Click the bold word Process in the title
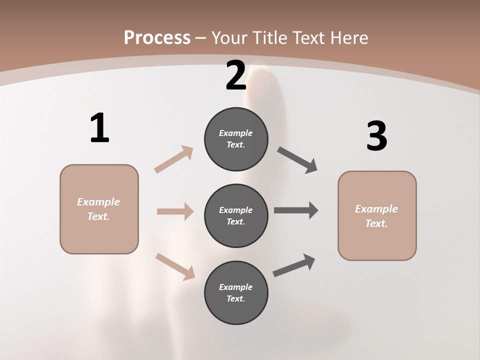(157, 38)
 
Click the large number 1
(99, 128)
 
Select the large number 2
(236, 76)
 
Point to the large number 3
(376, 137)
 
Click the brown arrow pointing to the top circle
(174, 159)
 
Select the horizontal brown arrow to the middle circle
(175, 211)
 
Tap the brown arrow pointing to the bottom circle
(175, 266)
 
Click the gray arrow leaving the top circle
(297, 160)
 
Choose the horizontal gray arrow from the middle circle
(296, 210)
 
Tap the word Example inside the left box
(98, 202)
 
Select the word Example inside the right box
(376, 209)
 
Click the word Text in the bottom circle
(235, 299)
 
